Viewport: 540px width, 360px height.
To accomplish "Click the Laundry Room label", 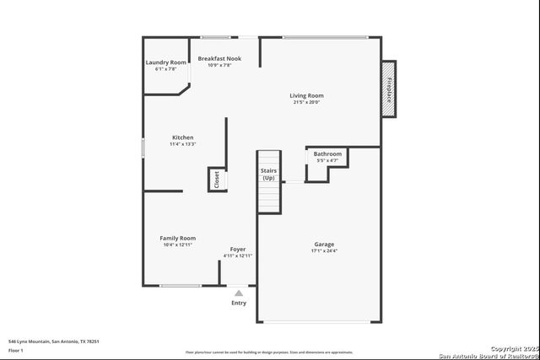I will [166, 62].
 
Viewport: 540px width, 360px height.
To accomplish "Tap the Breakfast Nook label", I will [219, 58].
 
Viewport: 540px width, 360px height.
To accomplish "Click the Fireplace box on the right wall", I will [389, 89].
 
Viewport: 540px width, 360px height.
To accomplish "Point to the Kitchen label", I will [183, 137].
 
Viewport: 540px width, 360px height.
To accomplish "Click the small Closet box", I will [216, 180].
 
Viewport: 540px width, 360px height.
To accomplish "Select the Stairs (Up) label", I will [268, 175].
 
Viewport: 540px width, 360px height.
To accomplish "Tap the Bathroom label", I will [327, 154].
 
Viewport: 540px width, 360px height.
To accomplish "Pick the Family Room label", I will [178, 238].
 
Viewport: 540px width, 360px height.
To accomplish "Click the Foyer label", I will [238, 249].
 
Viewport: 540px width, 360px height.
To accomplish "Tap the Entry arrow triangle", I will [239, 293].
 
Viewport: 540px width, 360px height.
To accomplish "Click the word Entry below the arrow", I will [239, 303].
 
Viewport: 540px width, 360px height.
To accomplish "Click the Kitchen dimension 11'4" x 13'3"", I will [183, 144].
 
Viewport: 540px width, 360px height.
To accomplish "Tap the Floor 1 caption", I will [16, 350].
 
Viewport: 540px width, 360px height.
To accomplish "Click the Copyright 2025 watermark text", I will [513, 347].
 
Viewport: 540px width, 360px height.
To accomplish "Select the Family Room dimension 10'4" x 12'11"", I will [178, 244].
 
